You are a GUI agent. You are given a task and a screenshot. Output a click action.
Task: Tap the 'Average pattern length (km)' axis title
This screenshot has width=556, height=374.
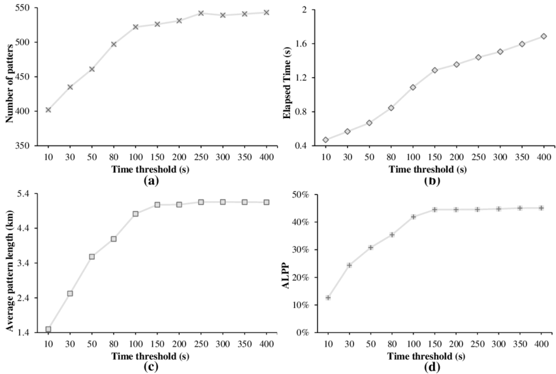click(10, 263)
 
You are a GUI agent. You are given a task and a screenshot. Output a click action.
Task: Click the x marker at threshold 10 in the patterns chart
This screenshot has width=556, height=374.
click(48, 110)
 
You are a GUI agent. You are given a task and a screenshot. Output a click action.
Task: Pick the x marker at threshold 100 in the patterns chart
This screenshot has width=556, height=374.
click(136, 27)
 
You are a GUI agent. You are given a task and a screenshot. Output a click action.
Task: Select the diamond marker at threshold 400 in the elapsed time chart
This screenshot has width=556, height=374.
click(544, 37)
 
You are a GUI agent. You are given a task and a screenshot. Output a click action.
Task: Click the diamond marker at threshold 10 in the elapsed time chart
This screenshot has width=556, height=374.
click(325, 140)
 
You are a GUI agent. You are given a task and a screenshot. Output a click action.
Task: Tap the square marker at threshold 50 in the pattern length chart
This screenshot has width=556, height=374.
click(92, 257)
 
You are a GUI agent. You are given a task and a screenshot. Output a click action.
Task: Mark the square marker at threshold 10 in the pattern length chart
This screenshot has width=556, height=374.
click(48, 329)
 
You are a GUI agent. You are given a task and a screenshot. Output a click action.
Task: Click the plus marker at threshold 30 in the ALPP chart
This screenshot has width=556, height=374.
click(349, 265)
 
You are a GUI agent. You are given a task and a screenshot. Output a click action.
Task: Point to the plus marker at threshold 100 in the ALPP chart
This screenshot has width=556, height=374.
click(413, 217)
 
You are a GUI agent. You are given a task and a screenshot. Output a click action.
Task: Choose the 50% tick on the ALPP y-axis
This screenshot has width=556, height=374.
click(301, 195)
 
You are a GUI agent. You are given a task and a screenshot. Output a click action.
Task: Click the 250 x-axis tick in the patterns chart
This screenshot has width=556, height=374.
click(201, 158)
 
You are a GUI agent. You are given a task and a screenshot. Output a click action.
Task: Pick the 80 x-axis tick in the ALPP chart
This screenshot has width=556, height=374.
click(391, 345)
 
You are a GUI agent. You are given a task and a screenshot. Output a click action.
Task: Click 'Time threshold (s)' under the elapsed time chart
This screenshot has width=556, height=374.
click(428, 169)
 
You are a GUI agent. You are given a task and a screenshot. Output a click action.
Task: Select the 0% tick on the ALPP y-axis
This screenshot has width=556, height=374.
click(303, 333)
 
